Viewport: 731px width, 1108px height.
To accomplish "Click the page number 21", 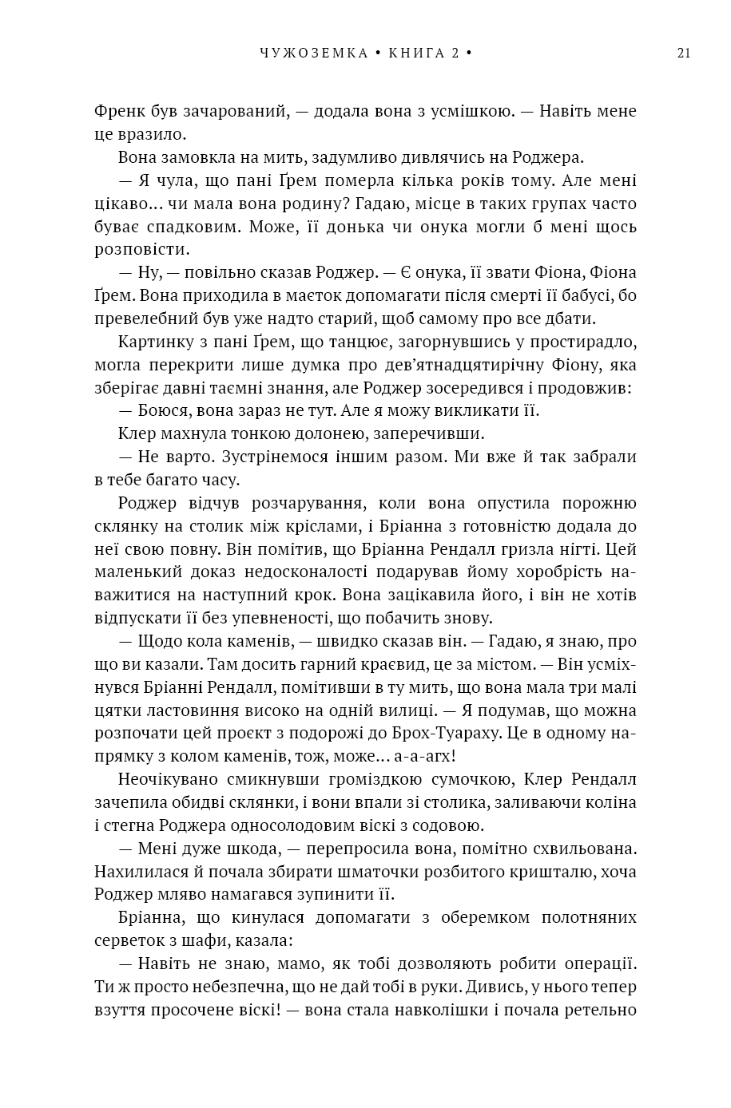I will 683,53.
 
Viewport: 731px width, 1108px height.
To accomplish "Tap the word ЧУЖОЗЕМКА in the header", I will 314,53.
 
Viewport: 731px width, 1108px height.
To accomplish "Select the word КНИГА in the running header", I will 415,53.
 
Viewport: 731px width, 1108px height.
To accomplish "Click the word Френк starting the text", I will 119,111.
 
